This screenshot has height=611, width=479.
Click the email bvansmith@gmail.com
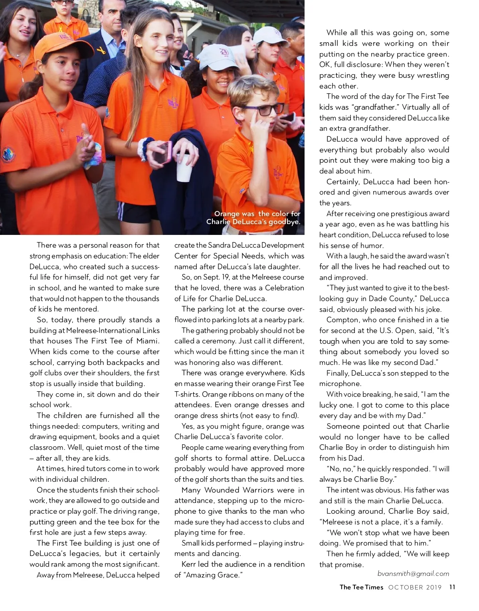coord(413,574)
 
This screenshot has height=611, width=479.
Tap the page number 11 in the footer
coord(452,587)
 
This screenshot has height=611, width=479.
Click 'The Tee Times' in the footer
coord(361,587)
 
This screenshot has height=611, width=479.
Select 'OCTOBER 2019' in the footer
coord(415,587)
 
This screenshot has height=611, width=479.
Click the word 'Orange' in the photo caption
coord(227,214)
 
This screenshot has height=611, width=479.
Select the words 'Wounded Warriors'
coord(243,490)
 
